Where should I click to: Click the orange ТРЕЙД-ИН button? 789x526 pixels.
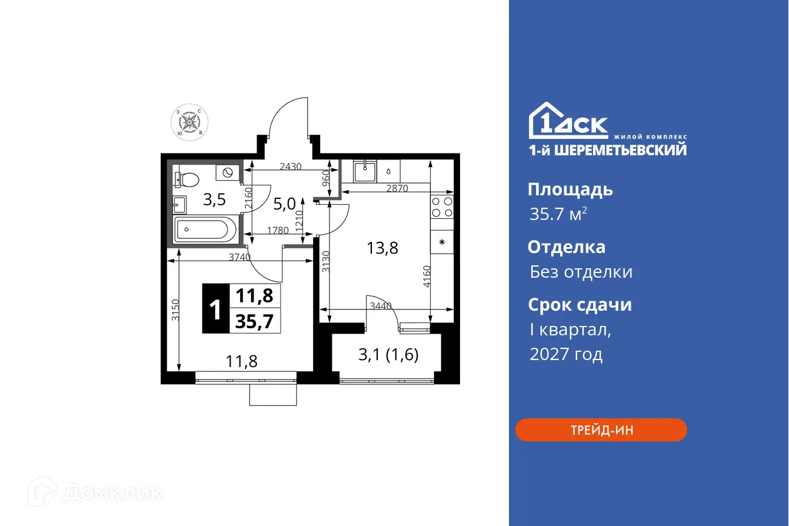point(601,430)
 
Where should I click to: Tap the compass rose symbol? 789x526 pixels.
point(188,122)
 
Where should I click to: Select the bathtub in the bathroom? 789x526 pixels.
point(205,229)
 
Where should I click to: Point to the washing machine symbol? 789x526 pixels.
point(228,173)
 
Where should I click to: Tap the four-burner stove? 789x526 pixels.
point(442,207)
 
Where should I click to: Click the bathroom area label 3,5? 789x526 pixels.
point(214,199)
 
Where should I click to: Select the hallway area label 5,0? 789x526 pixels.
point(285,204)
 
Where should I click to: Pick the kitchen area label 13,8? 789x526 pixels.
point(382,248)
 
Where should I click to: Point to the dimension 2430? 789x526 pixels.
point(290,167)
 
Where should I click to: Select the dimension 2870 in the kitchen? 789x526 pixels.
point(398,188)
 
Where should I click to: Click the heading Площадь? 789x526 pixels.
point(570,189)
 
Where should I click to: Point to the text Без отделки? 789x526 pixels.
point(581,272)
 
